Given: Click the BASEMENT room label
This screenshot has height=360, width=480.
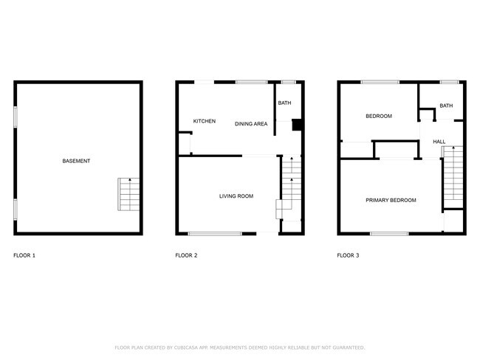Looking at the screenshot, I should (x=77, y=161).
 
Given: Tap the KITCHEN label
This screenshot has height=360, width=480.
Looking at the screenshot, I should (x=205, y=121).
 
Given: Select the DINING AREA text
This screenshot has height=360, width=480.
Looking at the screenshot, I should (x=251, y=124).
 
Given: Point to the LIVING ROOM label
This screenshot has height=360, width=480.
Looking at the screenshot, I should (x=236, y=196).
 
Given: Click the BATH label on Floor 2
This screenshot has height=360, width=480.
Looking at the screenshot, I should (x=284, y=103).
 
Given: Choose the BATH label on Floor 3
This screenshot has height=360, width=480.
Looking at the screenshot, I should (x=446, y=105).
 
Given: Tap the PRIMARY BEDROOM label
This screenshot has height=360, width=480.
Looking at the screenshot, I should (x=391, y=201).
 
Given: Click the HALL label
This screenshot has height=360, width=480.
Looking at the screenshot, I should (x=439, y=142).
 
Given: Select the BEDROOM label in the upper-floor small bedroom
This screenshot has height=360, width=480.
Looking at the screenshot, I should (x=379, y=116).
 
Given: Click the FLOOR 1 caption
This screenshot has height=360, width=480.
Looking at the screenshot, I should (x=24, y=256).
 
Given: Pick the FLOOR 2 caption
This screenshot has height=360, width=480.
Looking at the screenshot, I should (x=186, y=256).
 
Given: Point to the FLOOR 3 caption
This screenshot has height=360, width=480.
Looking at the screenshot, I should (x=348, y=256).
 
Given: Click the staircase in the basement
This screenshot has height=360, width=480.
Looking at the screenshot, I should (x=128, y=194).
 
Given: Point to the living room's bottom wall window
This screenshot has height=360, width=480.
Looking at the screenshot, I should (x=215, y=234).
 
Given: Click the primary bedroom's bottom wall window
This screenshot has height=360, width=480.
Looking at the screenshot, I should (x=389, y=234).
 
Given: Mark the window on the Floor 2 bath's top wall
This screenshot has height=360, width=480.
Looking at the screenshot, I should (x=289, y=81).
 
